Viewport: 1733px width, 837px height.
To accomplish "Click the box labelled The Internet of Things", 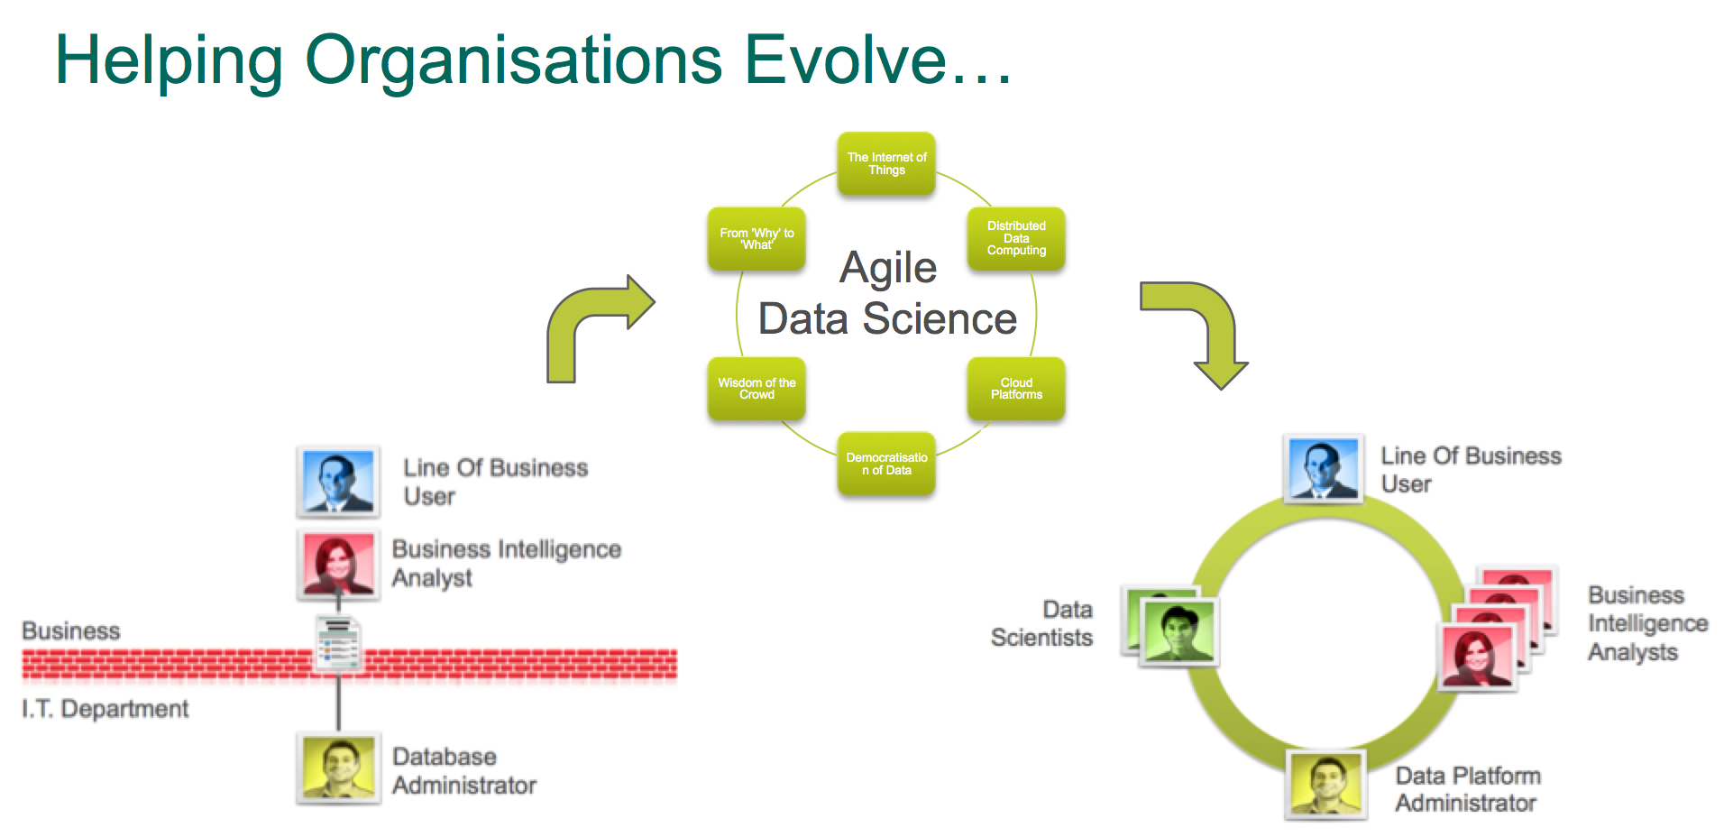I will pos(886,164).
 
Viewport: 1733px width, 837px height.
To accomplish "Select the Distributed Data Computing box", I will pos(1016,239).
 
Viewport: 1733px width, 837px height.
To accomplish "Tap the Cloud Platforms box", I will pos(1016,389).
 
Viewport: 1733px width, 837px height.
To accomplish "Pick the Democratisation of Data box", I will pos(886,464).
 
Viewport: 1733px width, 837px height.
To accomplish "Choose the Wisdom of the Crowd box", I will pos(756,389).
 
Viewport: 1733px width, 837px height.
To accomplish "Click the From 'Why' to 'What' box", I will pos(756,239).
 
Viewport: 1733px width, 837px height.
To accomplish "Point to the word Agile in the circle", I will pos(888,268).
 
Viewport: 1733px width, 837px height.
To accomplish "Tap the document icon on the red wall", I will pos(339,644).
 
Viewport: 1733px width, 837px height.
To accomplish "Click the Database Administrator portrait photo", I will pos(339,768).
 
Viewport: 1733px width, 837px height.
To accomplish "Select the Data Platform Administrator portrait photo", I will pos(1325,784).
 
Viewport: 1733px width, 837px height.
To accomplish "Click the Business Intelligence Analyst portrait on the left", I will pos(338,564).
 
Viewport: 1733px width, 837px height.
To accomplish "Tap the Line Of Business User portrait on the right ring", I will pos(1323,468).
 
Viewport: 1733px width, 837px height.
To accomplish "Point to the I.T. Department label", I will pos(105,709).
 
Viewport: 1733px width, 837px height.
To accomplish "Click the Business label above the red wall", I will pos(71,630).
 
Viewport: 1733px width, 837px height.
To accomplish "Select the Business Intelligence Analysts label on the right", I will pos(1646,623).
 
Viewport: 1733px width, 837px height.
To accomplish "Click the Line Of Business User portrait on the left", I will pos(338,481).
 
